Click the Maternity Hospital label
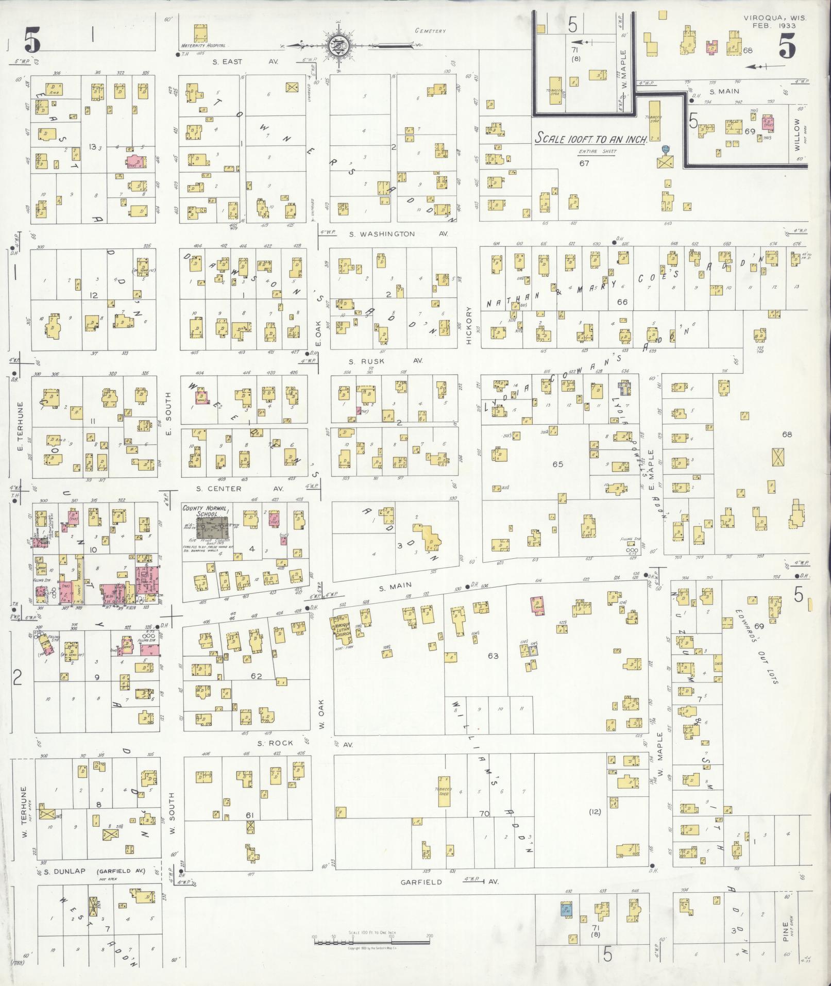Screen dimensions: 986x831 click(203, 45)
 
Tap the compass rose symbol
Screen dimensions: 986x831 click(340, 45)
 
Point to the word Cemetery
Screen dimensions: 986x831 click(430, 31)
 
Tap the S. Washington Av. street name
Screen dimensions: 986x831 click(398, 234)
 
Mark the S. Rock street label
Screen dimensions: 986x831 click(275, 743)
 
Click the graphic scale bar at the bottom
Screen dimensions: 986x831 click(371, 942)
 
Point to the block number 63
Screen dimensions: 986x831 click(493, 656)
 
